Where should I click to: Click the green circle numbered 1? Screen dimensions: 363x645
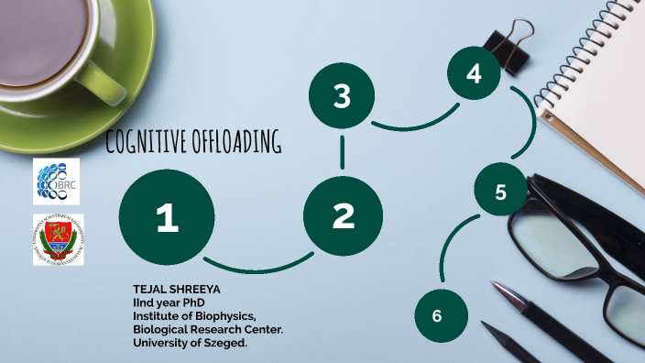click(x=167, y=217)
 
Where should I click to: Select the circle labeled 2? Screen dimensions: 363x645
click(x=343, y=216)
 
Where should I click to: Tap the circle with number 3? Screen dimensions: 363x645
click(x=342, y=96)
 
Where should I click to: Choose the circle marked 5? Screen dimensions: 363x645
click(x=500, y=192)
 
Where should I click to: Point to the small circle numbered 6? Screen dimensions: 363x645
click(x=437, y=315)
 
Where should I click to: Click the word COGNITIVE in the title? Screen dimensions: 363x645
click(x=148, y=142)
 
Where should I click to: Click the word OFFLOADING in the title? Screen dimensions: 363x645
click(x=238, y=142)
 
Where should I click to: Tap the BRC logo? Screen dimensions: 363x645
click(x=57, y=181)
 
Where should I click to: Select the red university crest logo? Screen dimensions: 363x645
click(x=58, y=240)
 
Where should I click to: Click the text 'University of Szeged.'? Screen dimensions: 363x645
click(x=191, y=343)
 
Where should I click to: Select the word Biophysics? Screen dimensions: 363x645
click(x=224, y=316)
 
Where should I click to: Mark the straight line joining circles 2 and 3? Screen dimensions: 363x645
click(x=343, y=154)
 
